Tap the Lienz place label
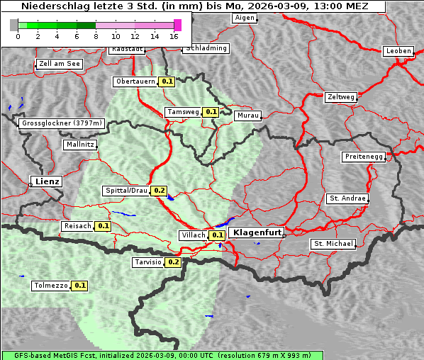(x=45, y=181)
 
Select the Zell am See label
(x=60, y=64)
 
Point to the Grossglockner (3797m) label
(x=62, y=123)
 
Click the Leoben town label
(x=398, y=51)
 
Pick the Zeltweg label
(x=341, y=96)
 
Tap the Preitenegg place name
(x=364, y=157)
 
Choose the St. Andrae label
(x=347, y=198)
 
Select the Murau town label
(x=248, y=115)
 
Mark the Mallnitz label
(x=79, y=145)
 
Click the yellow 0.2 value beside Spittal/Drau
(x=158, y=191)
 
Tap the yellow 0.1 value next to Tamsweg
(x=211, y=112)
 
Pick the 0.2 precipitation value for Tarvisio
(x=173, y=262)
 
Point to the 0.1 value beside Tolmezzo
(x=79, y=286)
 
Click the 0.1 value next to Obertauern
(x=167, y=81)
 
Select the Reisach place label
(x=77, y=226)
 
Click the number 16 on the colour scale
(x=174, y=36)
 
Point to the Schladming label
(x=206, y=48)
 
